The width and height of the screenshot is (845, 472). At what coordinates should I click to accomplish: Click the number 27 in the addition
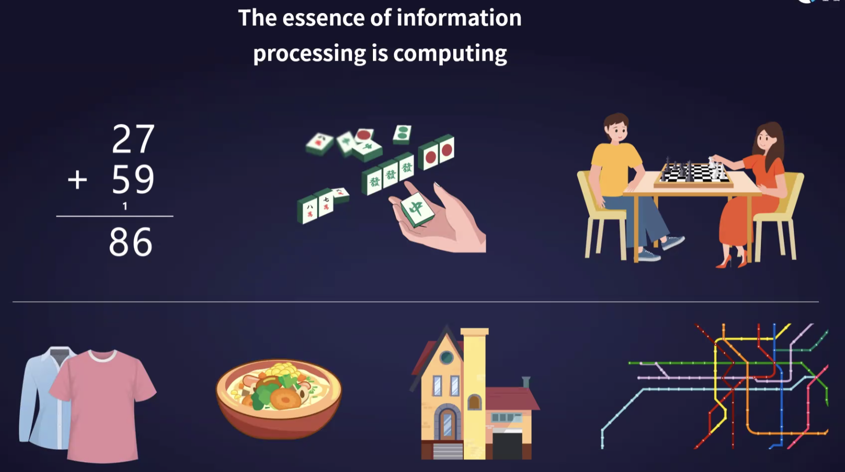(133, 139)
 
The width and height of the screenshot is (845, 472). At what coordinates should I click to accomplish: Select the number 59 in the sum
(133, 180)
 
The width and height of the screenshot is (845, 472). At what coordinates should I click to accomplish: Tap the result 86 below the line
(130, 242)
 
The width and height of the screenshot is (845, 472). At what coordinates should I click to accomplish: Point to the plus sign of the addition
(77, 180)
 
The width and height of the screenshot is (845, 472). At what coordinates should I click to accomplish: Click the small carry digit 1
(125, 206)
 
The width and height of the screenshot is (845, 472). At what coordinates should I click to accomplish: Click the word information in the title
(458, 18)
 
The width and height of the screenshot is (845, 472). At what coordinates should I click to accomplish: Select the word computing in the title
(450, 54)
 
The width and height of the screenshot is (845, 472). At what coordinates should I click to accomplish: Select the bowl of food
(279, 398)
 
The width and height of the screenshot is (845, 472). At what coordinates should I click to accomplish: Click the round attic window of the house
(446, 357)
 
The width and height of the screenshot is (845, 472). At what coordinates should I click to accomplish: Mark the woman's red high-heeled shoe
(726, 262)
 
